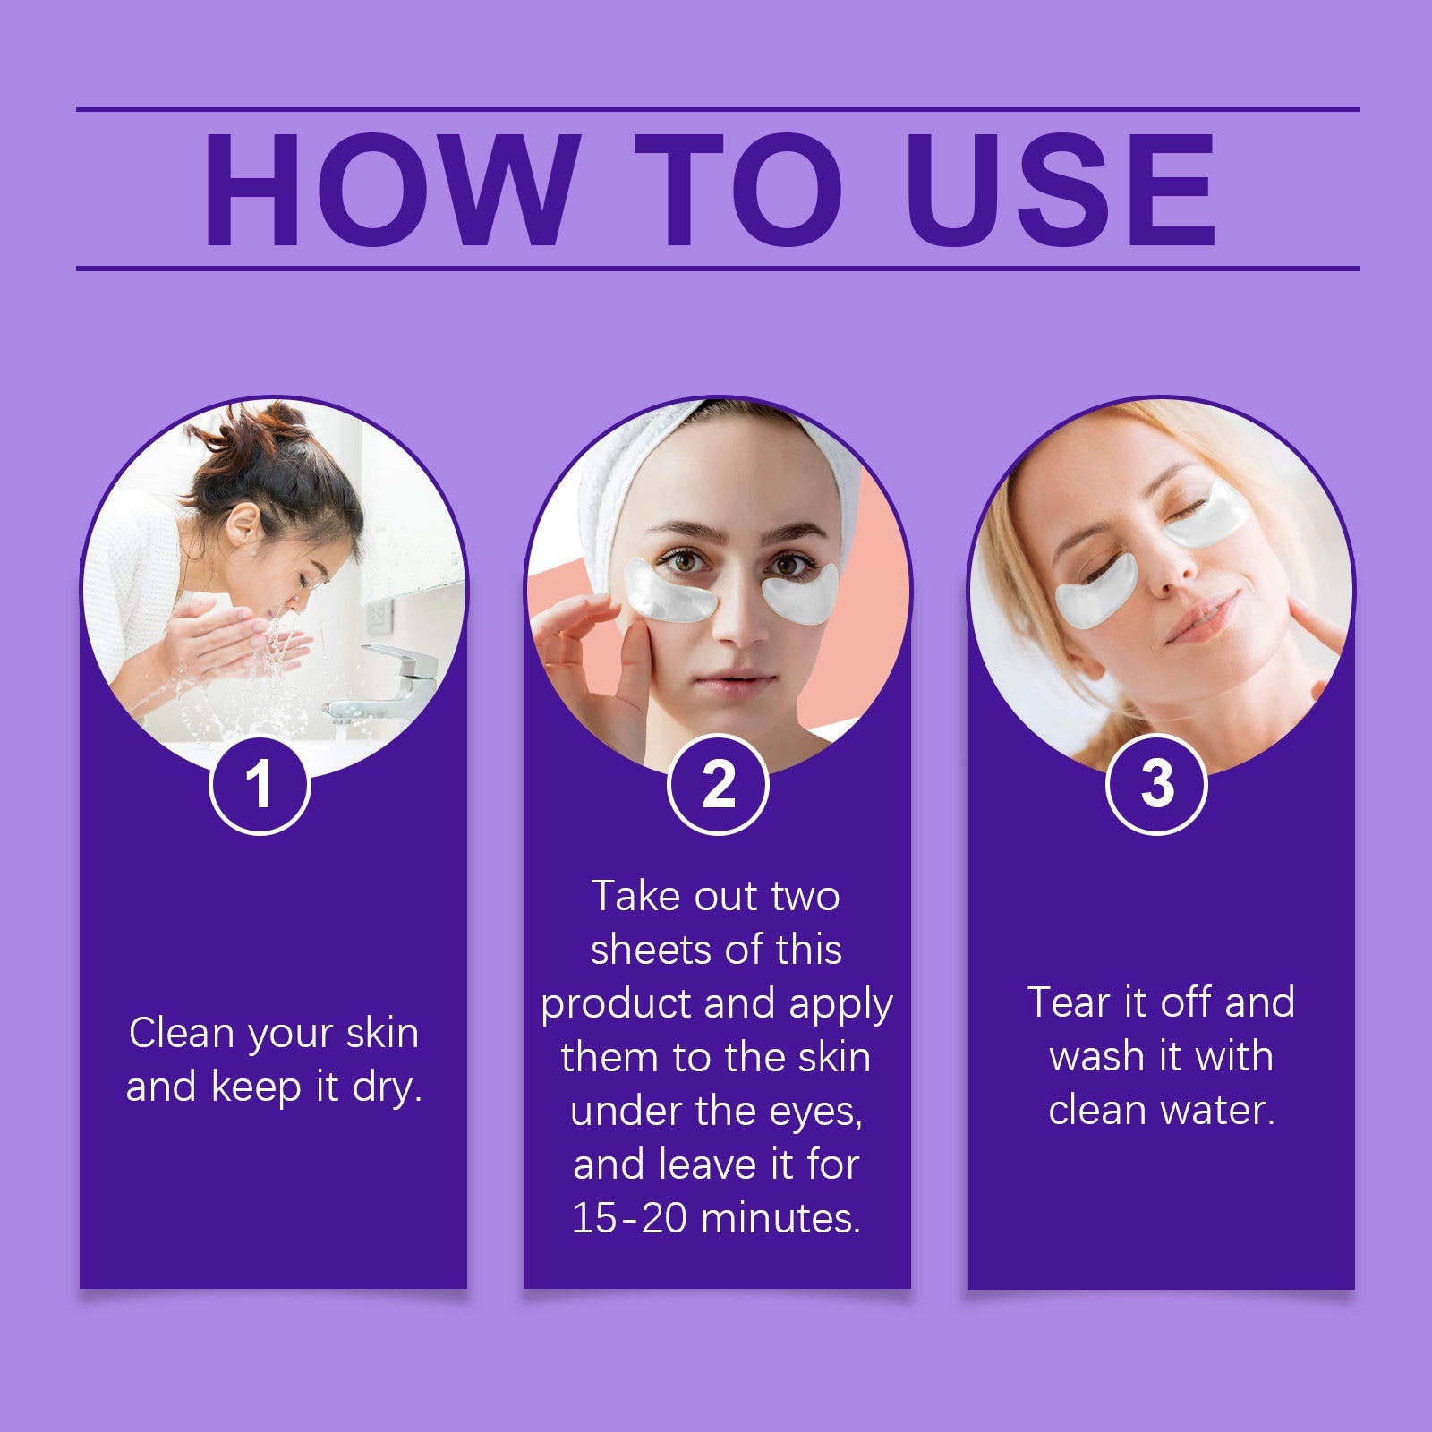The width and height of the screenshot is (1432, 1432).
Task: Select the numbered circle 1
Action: [260, 785]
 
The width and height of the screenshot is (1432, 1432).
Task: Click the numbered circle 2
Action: [718, 785]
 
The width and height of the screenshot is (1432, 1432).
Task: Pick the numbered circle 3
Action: [1156, 785]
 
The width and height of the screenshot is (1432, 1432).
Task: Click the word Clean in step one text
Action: [182, 1033]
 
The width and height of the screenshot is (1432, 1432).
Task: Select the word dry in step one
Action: [387, 1088]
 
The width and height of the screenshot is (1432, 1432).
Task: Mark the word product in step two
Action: [618, 1005]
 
